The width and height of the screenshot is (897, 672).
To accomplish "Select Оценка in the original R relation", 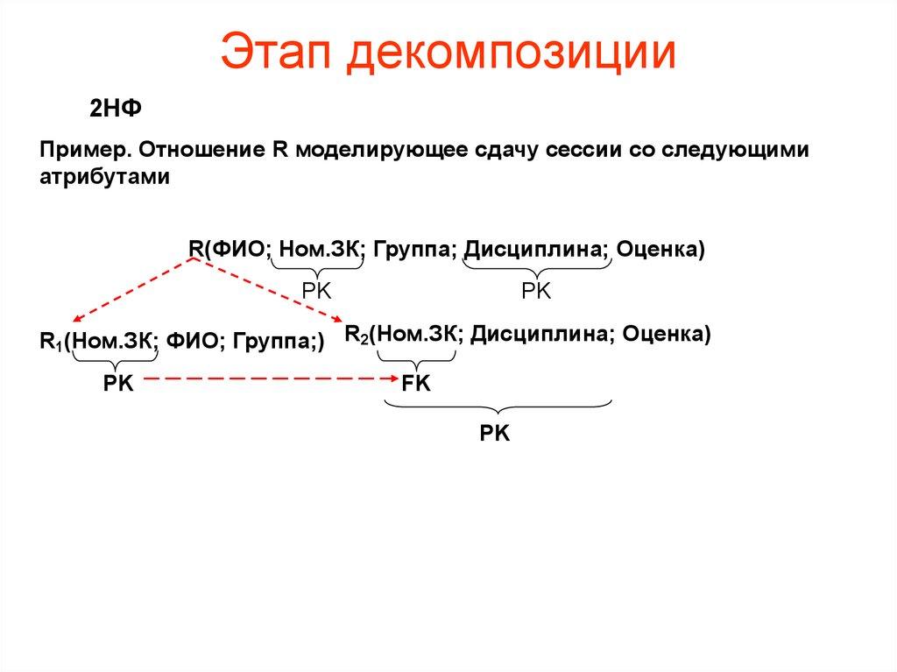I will point(660,249).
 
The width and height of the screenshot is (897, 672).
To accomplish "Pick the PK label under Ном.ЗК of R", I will point(316,292).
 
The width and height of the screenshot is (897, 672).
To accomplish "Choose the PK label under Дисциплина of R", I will point(536,292).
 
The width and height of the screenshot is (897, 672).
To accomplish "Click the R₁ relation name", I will point(51,342).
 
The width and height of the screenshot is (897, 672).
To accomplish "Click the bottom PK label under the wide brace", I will point(495,433).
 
